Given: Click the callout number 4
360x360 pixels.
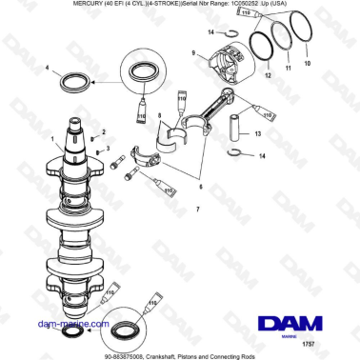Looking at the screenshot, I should pyautogui.click(x=47, y=68).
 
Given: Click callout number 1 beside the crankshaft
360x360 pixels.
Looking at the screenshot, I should pyautogui.click(x=53, y=139).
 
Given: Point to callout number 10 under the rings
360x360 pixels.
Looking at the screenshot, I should pyautogui.click(x=307, y=64).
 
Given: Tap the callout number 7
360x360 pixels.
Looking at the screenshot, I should pyautogui.click(x=197, y=208).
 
